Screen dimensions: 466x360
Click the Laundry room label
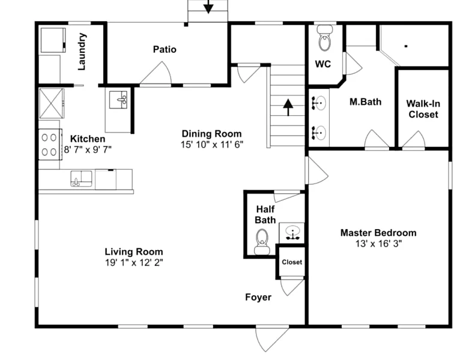pyautogui.click(x=82, y=52)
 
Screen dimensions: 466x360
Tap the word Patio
pyautogui.click(x=165, y=49)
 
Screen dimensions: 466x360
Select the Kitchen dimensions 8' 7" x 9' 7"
pyautogui.click(x=88, y=149)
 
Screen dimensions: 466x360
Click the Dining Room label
pyautogui.click(x=211, y=134)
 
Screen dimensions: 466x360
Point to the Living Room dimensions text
pyautogui.click(x=134, y=263)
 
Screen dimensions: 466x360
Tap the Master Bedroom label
pyautogui.click(x=378, y=233)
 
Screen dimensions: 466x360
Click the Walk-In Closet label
pyautogui.click(x=423, y=109)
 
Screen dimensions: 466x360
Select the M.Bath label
pyautogui.click(x=365, y=102)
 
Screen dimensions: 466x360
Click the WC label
pyautogui.click(x=322, y=64)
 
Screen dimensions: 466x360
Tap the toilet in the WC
pyautogui.click(x=325, y=38)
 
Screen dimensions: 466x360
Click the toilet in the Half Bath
pyautogui.click(x=262, y=241)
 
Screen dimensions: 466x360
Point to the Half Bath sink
pyautogui.click(x=292, y=232)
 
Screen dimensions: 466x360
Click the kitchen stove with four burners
pyautogui.click(x=50, y=145)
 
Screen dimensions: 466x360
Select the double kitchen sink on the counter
pyautogui.click(x=81, y=179)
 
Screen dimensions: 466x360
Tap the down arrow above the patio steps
pyautogui.click(x=208, y=7)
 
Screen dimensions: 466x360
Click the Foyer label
pyautogui.click(x=258, y=298)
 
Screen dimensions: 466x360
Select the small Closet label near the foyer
pyautogui.click(x=292, y=262)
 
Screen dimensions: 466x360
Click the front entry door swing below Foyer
pyautogui.click(x=272, y=338)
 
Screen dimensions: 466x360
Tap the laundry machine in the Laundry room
pyautogui.click(x=53, y=40)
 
